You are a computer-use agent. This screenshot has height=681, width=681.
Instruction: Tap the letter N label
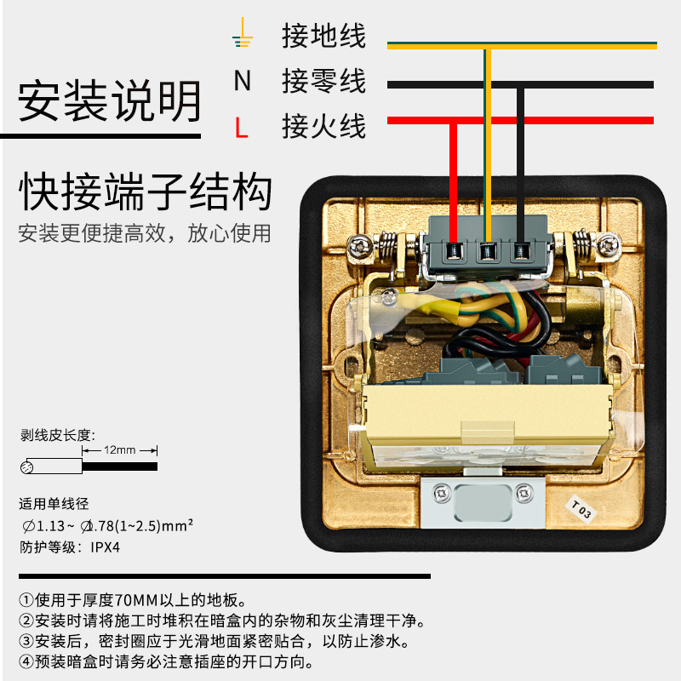tap(243, 81)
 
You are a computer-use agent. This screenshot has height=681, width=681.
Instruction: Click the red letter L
tap(242, 129)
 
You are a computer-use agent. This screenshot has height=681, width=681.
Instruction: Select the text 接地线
tap(323, 37)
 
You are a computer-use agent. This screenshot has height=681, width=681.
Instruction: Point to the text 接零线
tap(323, 82)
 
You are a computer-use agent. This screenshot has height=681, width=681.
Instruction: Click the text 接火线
tap(323, 128)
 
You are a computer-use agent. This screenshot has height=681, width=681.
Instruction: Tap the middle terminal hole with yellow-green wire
tap(487, 250)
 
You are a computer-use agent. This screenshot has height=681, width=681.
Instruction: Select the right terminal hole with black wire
tap(519, 250)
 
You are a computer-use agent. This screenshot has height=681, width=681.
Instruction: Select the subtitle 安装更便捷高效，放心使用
tap(145, 232)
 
